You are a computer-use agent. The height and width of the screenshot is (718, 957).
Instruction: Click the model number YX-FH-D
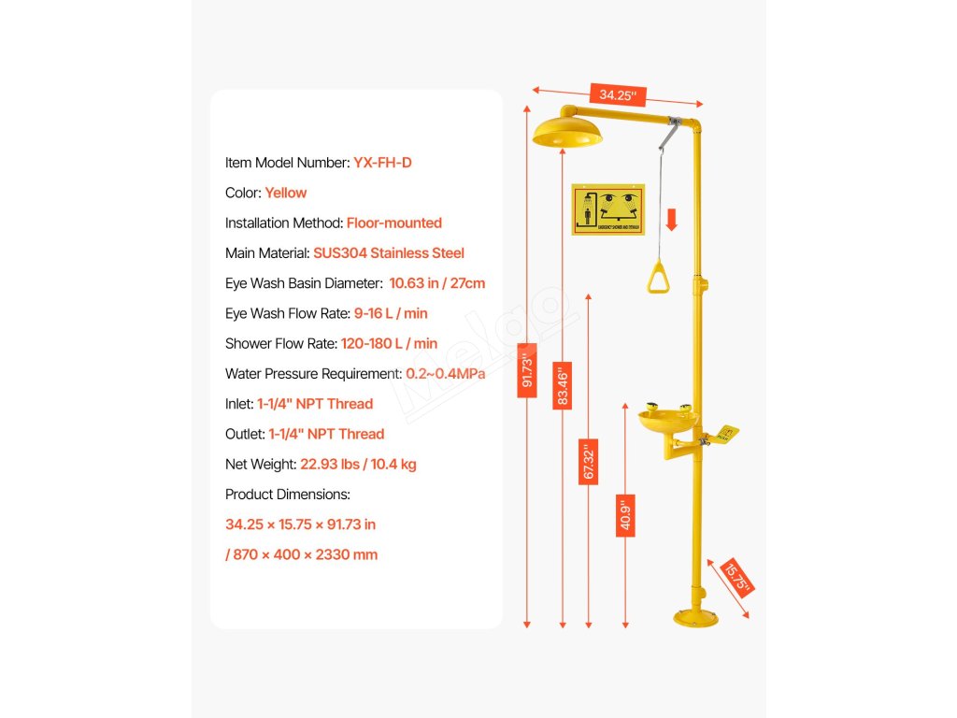(382, 163)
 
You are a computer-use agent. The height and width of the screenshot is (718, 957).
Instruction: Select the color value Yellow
(285, 193)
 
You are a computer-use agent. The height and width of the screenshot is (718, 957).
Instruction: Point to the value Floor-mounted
(393, 223)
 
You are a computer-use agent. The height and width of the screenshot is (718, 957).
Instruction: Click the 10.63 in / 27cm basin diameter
(436, 283)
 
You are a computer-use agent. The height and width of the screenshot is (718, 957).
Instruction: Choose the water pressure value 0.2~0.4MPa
(445, 374)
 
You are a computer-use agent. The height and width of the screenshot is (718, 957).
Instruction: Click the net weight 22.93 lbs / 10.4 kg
(365, 464)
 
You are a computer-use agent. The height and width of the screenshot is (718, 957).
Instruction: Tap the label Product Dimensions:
(288, 494)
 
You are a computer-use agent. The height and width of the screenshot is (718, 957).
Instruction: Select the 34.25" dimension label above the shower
(618, 94)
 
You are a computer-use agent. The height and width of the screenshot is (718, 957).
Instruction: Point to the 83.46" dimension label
(562, 386)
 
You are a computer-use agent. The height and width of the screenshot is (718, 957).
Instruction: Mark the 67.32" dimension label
(588, 462)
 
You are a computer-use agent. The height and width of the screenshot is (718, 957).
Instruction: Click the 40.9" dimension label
(625, 514)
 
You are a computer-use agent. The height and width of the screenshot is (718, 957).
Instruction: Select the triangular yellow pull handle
(662, 278)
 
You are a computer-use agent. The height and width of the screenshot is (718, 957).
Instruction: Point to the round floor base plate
(697, 617)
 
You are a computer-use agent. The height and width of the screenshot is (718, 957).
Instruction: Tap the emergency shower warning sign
(607, 210)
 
